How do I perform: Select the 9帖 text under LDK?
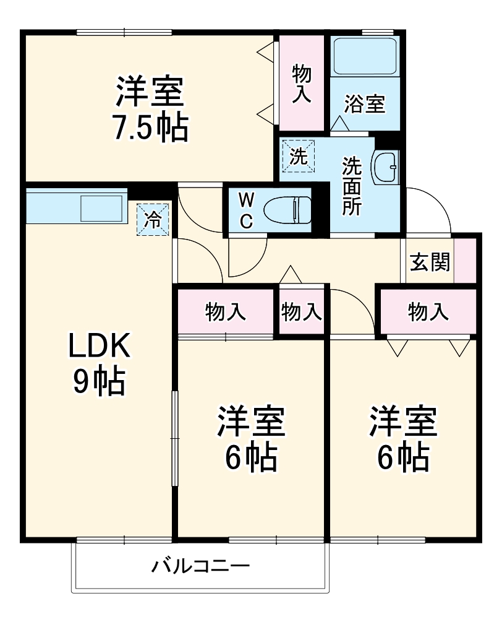(99, 382)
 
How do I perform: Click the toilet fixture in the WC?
(288, 210)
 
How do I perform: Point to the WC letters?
(246, 210)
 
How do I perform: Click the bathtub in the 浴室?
(364, 56)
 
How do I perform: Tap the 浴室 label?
(365, 104)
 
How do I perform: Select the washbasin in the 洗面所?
(384, 167)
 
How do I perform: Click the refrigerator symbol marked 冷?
(153, 219)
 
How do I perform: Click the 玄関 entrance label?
(429, 262)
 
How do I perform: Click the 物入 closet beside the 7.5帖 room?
(302, 83)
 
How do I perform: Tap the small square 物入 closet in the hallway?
(302, 312)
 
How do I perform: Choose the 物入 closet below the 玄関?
(428, 312)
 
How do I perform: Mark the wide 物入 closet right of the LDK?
(226, 312)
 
